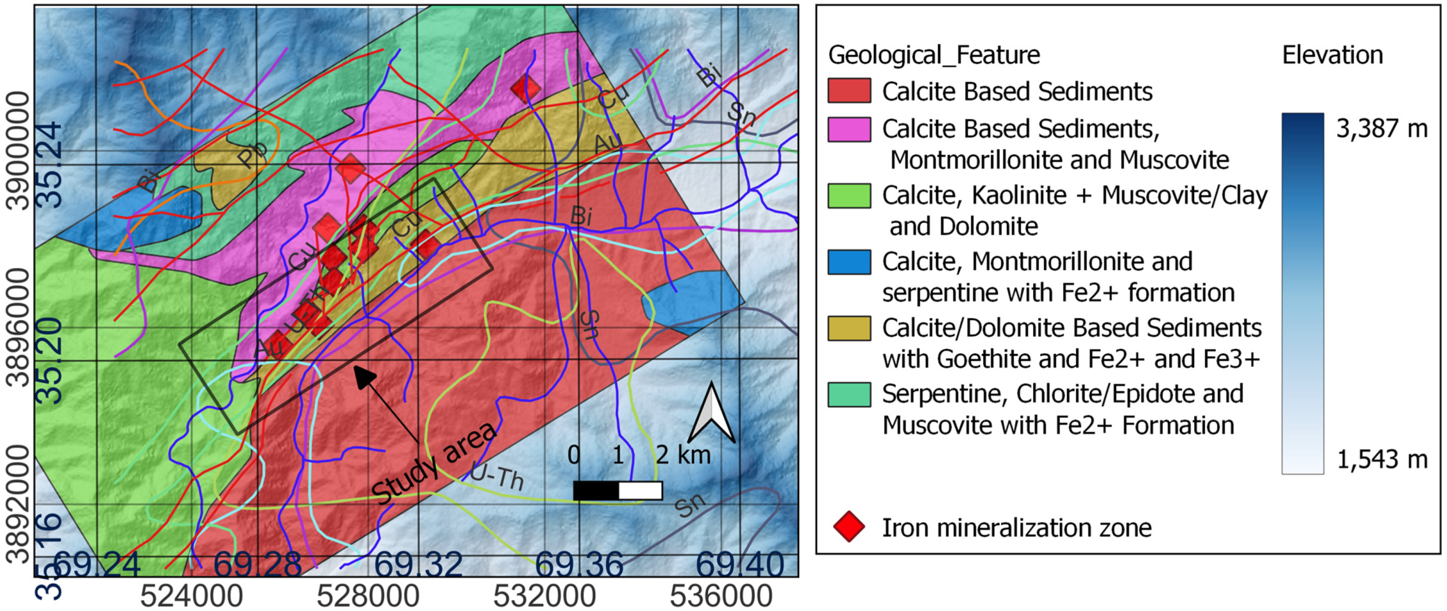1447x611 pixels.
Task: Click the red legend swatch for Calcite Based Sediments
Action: pyautogui.click(x=849, y=91)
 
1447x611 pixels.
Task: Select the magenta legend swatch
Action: pyautogui.click(x=849, y=129)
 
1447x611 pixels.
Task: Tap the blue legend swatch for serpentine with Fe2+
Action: pyautogui.click(x=849, y=262)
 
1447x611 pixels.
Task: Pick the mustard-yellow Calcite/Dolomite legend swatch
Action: pyautogui.click(x=849, y=328)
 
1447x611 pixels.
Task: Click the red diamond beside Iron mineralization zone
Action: pyautogui.click(x=849, y=527)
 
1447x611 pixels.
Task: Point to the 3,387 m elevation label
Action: pyautogui.click(x=1381, y=129)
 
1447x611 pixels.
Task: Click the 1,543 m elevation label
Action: pyautogui.click(x=1381, y=460)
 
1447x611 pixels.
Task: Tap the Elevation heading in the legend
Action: pyautogui.click(x=1332, y=55)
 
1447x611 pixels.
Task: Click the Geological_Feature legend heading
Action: pyautogui.click(x=933, y=55)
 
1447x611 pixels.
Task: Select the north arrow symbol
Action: pyautogui.click(x=712, y=413)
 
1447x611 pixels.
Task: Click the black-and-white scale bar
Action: pyautogui.click(x=617, y=490)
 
